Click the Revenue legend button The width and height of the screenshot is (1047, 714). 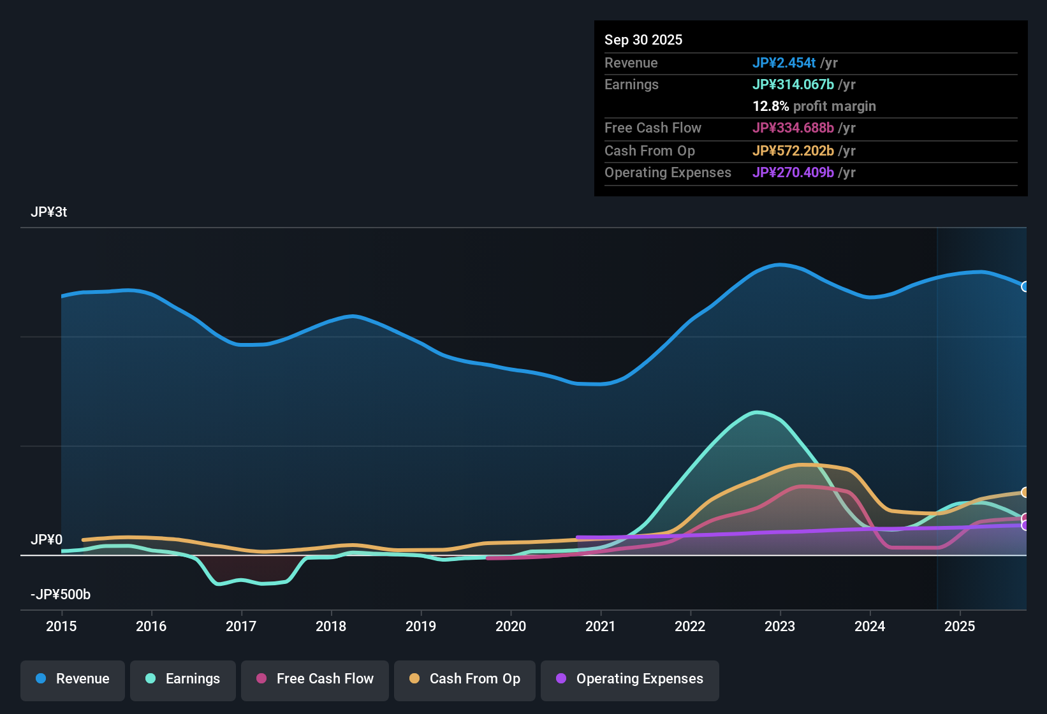click(73, 679)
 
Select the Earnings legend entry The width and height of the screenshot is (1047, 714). click(183, 679)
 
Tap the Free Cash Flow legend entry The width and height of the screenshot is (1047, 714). click(315, 679)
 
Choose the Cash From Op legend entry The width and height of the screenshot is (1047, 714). click(465, 679)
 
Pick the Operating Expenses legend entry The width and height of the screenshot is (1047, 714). click(630, 679)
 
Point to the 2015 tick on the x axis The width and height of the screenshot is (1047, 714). click(61, 626)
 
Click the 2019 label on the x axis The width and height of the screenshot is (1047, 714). click(421, 626)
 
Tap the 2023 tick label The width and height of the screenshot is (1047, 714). click(780, 626)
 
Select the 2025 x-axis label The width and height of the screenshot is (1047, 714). click(960, 626)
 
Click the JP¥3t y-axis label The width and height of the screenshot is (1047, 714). click(49, 212)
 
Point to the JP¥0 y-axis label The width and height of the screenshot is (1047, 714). click(47, 540)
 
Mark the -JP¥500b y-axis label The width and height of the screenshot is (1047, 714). click(61, 595)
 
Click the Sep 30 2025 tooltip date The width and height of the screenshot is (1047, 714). click(643, 40)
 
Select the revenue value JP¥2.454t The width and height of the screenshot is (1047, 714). click(784, 63)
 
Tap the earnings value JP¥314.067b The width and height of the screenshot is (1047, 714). click(793, 85)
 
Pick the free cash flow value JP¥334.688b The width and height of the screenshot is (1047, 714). click(793, 128)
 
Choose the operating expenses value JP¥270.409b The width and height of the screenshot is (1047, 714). click(793, 173)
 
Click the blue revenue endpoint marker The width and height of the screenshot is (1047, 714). click(1025, 287)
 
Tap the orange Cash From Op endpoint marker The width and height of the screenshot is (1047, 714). click(1025, 492)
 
